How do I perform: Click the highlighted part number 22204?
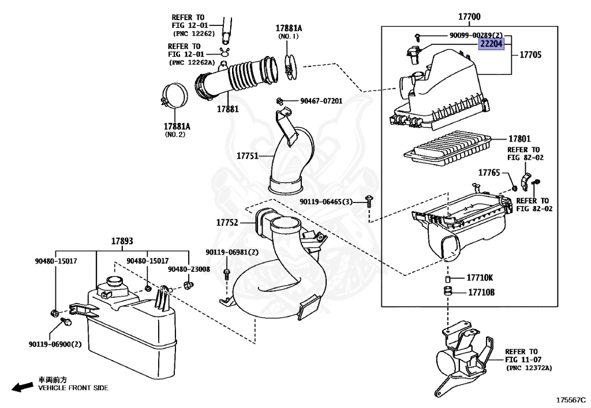[x=491, y=44]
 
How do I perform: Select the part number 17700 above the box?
[x=469, y=17]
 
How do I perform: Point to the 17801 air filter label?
[x=519, y=140]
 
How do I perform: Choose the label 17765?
[x=489, y=172]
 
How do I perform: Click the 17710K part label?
[x=480, y=278]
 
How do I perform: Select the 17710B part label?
[x=481, y=292]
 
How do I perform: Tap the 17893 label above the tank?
[x=122, y=241]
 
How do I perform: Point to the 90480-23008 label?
[x=189, y=269]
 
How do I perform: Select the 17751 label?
[x=248, y=156]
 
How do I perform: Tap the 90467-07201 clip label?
[x=321, y=101]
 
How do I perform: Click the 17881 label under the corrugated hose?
[x=228, y=108]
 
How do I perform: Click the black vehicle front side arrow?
[x=23, y=387]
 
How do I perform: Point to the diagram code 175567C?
[x=571, y=399]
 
